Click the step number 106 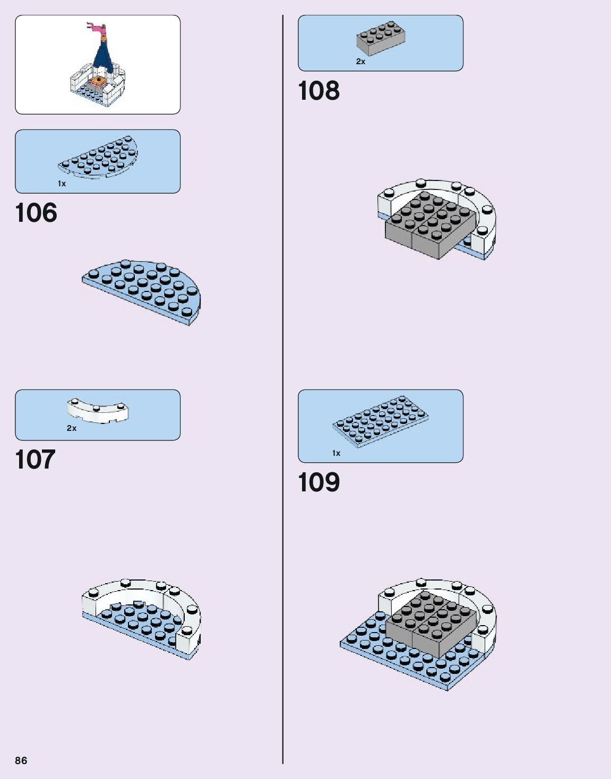36,213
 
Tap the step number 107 35,460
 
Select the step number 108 319,91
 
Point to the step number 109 319,482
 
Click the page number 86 21,760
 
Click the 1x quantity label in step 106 62,184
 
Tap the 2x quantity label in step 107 71,428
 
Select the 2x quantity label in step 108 360,62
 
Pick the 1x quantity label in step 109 336,453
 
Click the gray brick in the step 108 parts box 380,38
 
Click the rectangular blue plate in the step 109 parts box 381,421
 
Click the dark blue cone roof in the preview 102,58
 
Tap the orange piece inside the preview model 97,81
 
